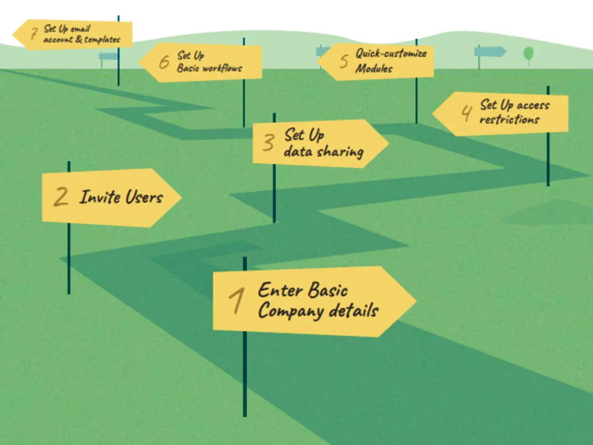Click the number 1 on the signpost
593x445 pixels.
click(237, 301)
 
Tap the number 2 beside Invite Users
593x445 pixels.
click(61, 196)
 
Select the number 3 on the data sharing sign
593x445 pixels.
click(269, 142)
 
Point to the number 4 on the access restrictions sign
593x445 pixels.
click(467, 112)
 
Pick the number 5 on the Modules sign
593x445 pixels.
click(344, 61)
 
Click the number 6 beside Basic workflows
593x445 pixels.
click(164, 62)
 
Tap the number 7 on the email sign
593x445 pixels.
click(34, 33)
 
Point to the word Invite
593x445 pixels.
click(99, 197)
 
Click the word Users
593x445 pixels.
click(144, 197)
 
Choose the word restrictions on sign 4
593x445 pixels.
click(509, 120)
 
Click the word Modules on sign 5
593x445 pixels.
click(374, 68)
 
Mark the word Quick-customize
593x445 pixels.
click(391, 53)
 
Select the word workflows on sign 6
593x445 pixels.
click(222, 68)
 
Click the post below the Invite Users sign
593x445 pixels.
click(69, 259)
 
